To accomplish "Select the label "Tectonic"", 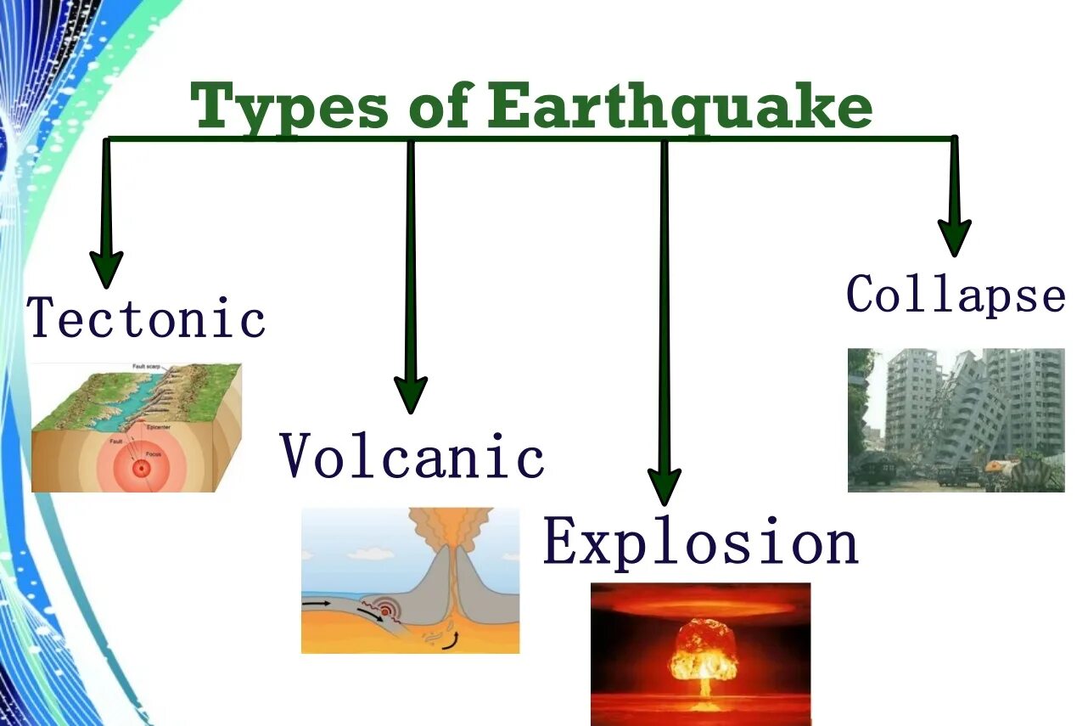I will click(x=146, y=318).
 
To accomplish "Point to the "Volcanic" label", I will click(x=412, y=456).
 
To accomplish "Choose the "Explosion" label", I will click(x=701, y=542).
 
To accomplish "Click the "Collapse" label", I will click(x=956, y=295).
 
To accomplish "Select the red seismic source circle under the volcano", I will click(x=389, y=611).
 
